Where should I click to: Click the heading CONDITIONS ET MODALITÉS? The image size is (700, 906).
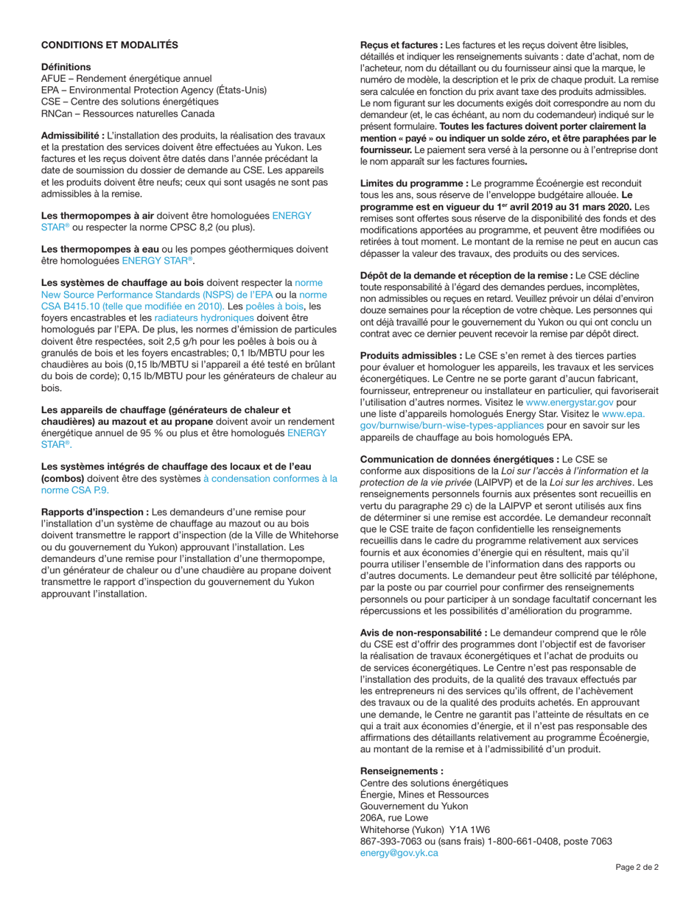click(109, 45)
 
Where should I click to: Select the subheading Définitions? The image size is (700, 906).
click(66, 67)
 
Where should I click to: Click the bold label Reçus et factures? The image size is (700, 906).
click(401, 45)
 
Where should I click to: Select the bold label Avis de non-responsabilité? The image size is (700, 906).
click(423, 633)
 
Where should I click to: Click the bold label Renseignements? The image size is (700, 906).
click(402, 771)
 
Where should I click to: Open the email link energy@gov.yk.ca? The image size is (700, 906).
click(399, 853)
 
